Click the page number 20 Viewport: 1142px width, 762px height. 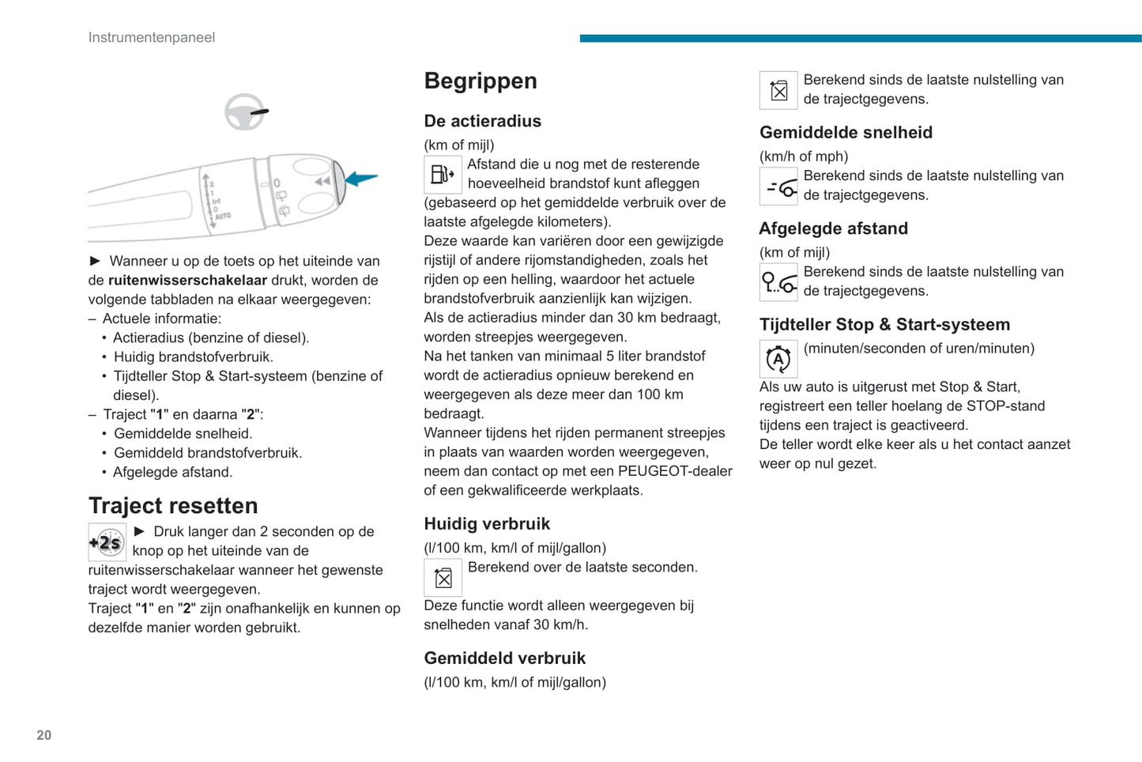[x=44, y=735]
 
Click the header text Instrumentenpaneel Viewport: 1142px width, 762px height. [x=152, y=37]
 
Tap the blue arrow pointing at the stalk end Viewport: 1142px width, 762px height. [x=362, y=178]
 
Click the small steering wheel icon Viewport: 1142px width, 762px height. [x=245, y=111]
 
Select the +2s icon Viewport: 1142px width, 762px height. [x=107, y=542]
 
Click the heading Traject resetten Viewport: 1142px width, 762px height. [x=173, y=505]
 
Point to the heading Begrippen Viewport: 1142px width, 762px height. [x=481, y=81]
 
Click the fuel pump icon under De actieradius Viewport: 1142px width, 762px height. [x=443, y=174]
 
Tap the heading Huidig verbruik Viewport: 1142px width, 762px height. [x=487, y=523]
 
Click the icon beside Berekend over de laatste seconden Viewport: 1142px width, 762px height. [x=443, y=578]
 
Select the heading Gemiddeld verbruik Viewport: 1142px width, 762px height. [x=505, y=658]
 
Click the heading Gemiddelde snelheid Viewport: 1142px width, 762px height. [x=846, y=132]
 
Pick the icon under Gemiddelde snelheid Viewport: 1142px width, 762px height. [x=778, y=187]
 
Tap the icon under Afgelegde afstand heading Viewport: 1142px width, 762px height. [x=778, y=282]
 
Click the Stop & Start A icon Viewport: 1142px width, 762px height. [x=778, y=359]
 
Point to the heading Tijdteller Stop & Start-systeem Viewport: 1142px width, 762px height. [x=884, y=324]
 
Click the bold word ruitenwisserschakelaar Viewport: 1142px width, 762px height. [x=187, y=280]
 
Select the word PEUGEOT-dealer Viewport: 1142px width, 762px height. [x=675, y=471]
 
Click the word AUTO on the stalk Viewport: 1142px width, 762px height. [x=223, y=215]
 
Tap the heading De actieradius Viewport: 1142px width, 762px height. [x=483, y=121]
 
